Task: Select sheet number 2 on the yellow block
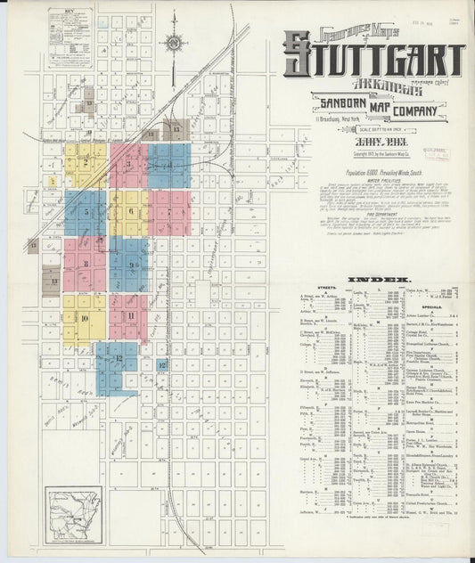(86, 162)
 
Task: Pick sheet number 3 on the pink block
(129, 164)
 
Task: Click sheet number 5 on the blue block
(86, 213)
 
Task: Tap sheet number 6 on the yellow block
(130, 211)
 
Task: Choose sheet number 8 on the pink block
(86, 263)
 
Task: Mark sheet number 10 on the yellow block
(85, 318)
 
